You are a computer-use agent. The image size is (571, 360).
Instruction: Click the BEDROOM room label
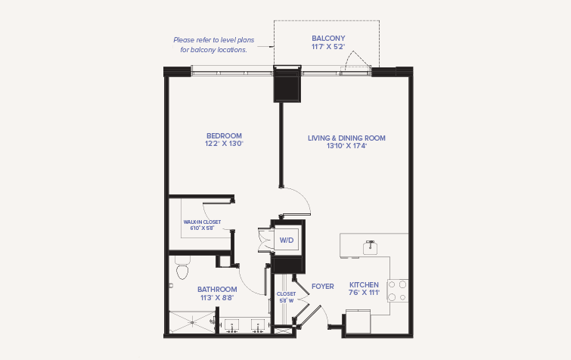(x=224, y=136)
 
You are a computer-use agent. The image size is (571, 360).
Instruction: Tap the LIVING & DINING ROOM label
(x=346, y=138)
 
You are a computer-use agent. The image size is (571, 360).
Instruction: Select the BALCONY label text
(x=328, y=39)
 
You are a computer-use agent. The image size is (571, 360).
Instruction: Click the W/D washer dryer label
(x=287, y=241)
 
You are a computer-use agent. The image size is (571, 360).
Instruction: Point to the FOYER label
(x=323, y=287)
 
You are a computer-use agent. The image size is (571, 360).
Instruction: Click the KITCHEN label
(x=364, y=284)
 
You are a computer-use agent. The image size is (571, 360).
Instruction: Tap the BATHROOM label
(x=217, y=290)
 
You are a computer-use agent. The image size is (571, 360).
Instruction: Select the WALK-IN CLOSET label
(x=202, y=222)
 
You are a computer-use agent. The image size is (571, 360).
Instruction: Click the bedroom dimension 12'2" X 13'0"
(x=224, y=144)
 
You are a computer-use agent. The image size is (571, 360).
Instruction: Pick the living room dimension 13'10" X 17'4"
(x=346, y=146)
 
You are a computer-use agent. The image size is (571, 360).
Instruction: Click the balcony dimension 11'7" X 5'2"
(x=328, y=47)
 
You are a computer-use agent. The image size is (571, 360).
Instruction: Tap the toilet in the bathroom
(x=182, y=268)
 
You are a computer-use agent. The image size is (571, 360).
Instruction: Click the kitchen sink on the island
(x=370, y=247)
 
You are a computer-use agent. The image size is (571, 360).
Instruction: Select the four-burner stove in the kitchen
(x=397, y=290)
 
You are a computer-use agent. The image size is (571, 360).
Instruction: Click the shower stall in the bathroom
(x=193, y=322)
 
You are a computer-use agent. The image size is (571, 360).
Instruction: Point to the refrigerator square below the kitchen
(x=358, y=321)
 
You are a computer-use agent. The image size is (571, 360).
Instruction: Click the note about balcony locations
(x=214, y=45)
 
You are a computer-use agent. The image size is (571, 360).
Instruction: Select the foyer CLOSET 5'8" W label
(x=286, y=297)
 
